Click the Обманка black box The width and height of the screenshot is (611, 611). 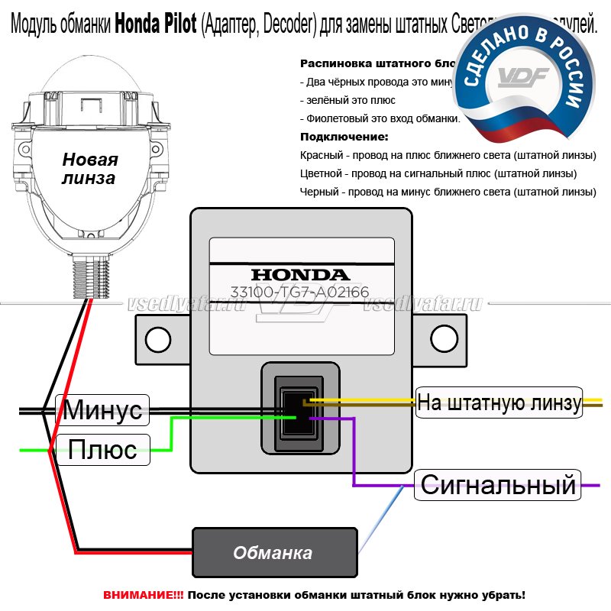(x=273, y=552)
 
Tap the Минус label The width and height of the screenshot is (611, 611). (x=102, y=410)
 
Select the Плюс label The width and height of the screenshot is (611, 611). (x=102, y=449)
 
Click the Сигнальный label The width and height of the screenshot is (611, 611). (x=497, y=484)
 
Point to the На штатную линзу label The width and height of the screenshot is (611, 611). (x=499, y=402)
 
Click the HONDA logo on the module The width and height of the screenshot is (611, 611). (x=300, y=274)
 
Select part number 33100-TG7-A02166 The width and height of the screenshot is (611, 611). (x=300, y=292)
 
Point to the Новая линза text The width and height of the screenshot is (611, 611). (x=90, y=169)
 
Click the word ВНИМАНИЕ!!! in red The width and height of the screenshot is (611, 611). (x=143, y=594)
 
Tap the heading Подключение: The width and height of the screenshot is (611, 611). (x=344, y=137)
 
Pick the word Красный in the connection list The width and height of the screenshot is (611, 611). (x=322, y=155)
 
